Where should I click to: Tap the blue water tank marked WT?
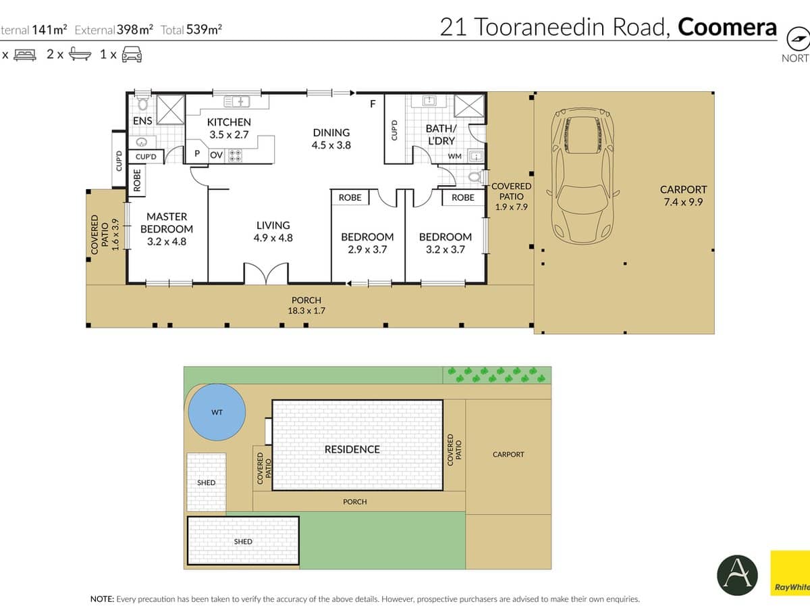(216, 413)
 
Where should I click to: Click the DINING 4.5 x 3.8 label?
(331, 138)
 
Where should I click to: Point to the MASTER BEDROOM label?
(167, 228)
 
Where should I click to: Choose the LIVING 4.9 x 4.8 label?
(273, 231)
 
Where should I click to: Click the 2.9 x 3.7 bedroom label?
(367, 243)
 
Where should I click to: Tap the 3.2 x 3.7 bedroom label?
(445, 243)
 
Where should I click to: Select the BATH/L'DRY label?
(441, 134)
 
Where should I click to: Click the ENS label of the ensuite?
(142, 121)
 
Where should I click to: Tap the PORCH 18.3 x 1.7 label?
(306, 305)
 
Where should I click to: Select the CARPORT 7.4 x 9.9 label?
(683, 195)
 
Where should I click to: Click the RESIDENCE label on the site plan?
(352, 449)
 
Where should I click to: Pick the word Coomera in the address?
(727, 27)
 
